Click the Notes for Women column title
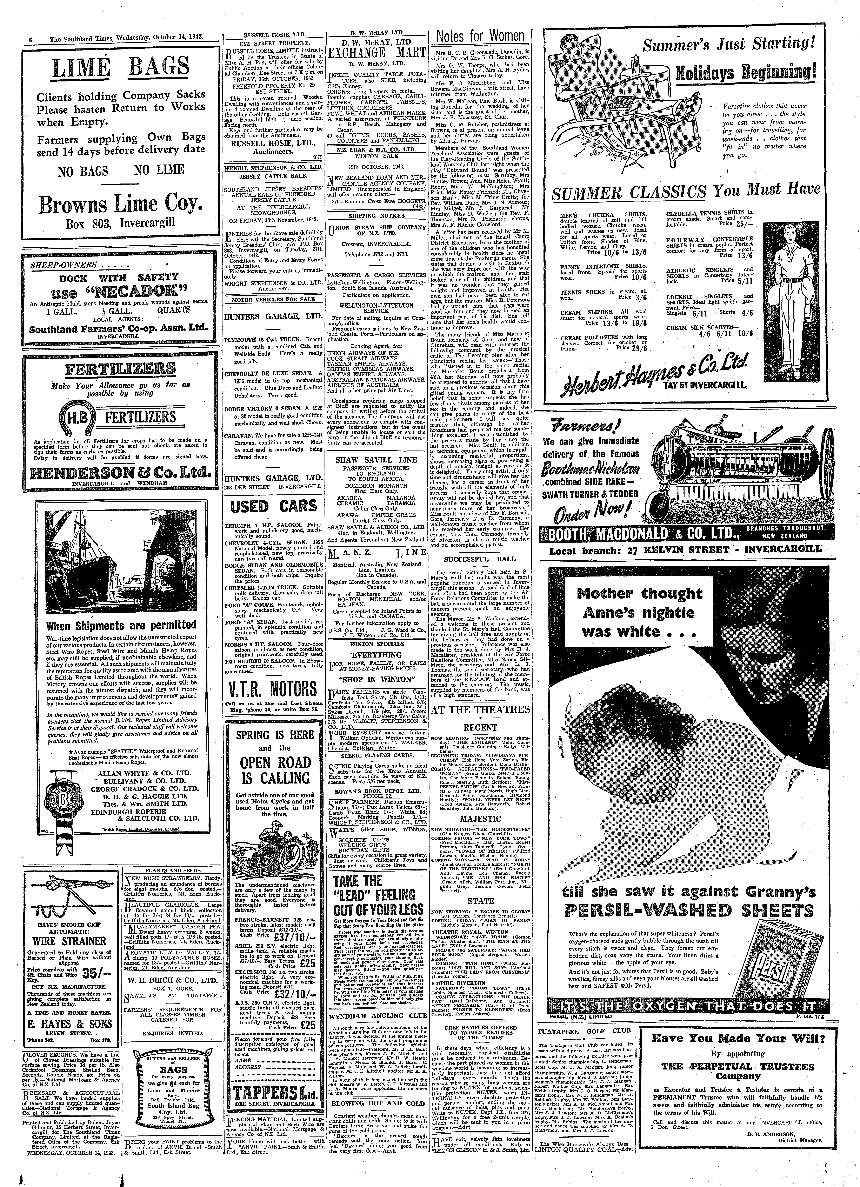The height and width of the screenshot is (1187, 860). click(480, 36)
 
